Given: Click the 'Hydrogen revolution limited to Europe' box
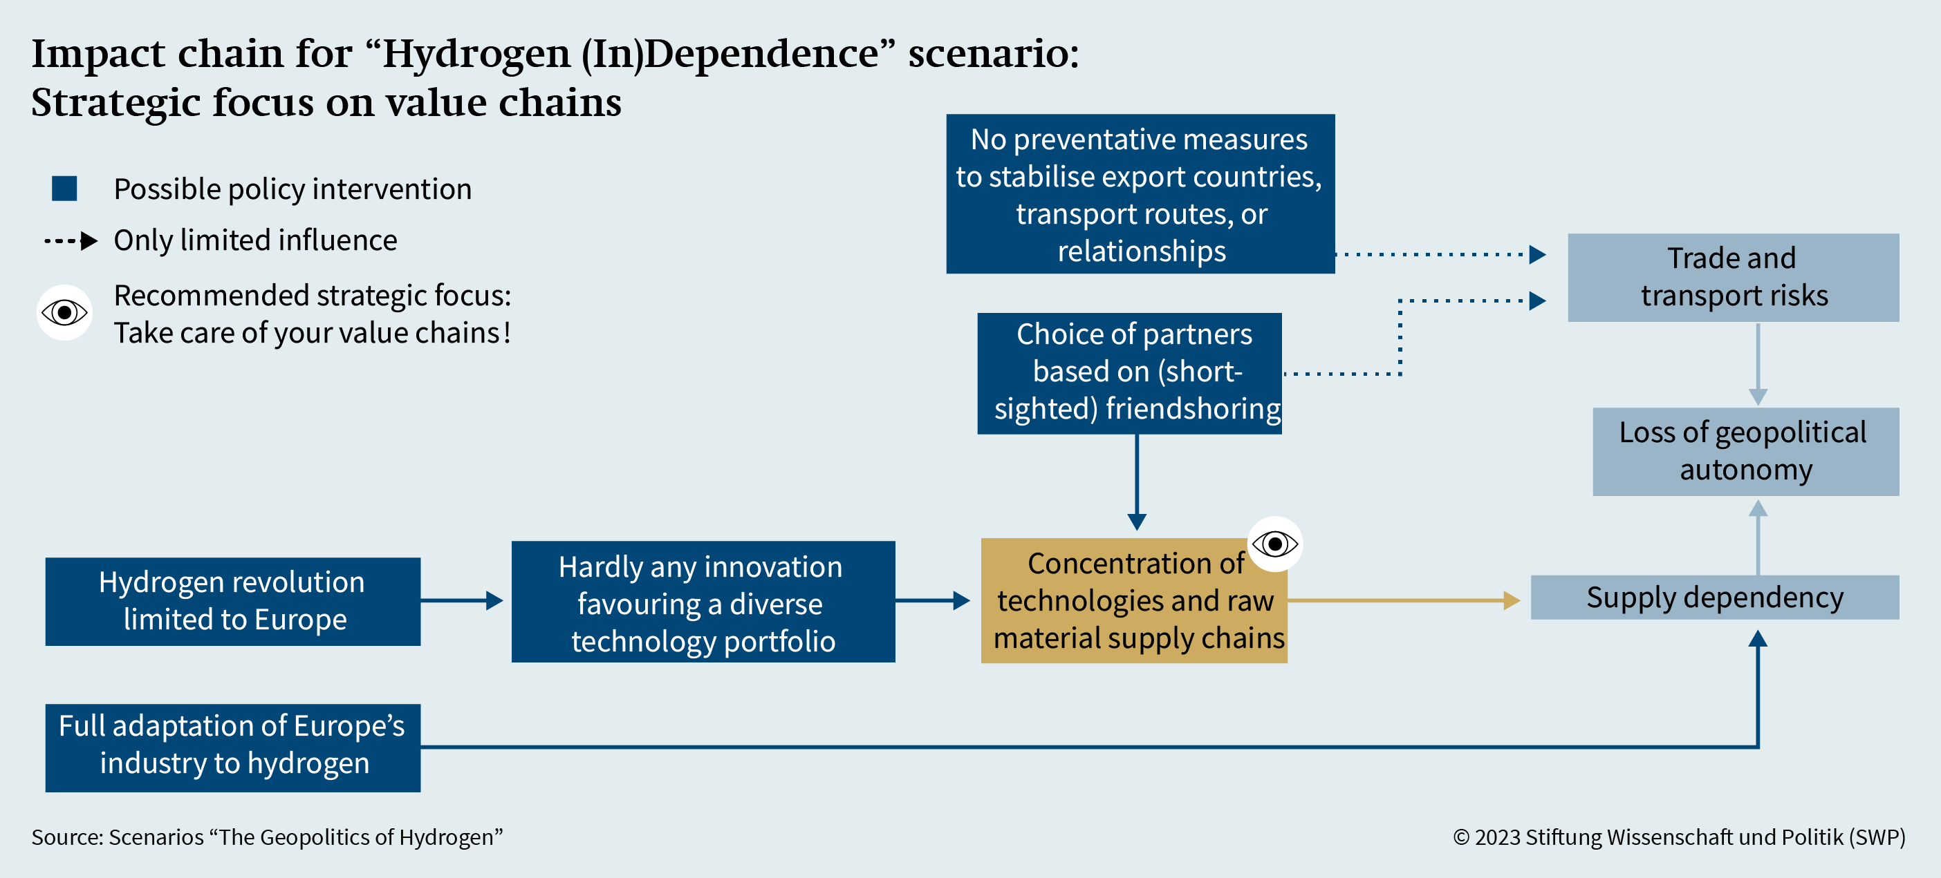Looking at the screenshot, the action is tap(233, 601).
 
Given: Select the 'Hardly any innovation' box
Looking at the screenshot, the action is tap(703, 601).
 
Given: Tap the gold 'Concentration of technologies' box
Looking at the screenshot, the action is tap(1134, 601).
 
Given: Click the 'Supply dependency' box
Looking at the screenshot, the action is tap(1715, 597).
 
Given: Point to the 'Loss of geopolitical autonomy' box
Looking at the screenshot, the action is tap(1746, 451).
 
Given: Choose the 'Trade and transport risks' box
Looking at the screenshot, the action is tap(1733, 277).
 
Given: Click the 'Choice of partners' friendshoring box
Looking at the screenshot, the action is tap(1129, 373).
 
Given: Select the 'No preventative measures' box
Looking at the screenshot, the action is tap(1140, 193).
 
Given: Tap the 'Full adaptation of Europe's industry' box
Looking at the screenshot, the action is tap(233, 747).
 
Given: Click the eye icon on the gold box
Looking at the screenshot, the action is tap(1275, 544).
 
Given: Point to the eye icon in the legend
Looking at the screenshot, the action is tap(65, 312).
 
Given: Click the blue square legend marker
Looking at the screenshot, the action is tap(65, 189).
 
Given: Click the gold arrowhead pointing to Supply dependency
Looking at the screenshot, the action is tap(1512, 600).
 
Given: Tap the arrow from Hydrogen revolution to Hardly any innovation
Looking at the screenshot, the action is tap(462, 600).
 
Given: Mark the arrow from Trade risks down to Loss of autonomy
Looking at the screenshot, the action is tap(1758, 365).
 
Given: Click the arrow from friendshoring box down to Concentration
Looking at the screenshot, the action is tap(1137, 482).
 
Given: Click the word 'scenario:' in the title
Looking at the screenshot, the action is tap(994, 53).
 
